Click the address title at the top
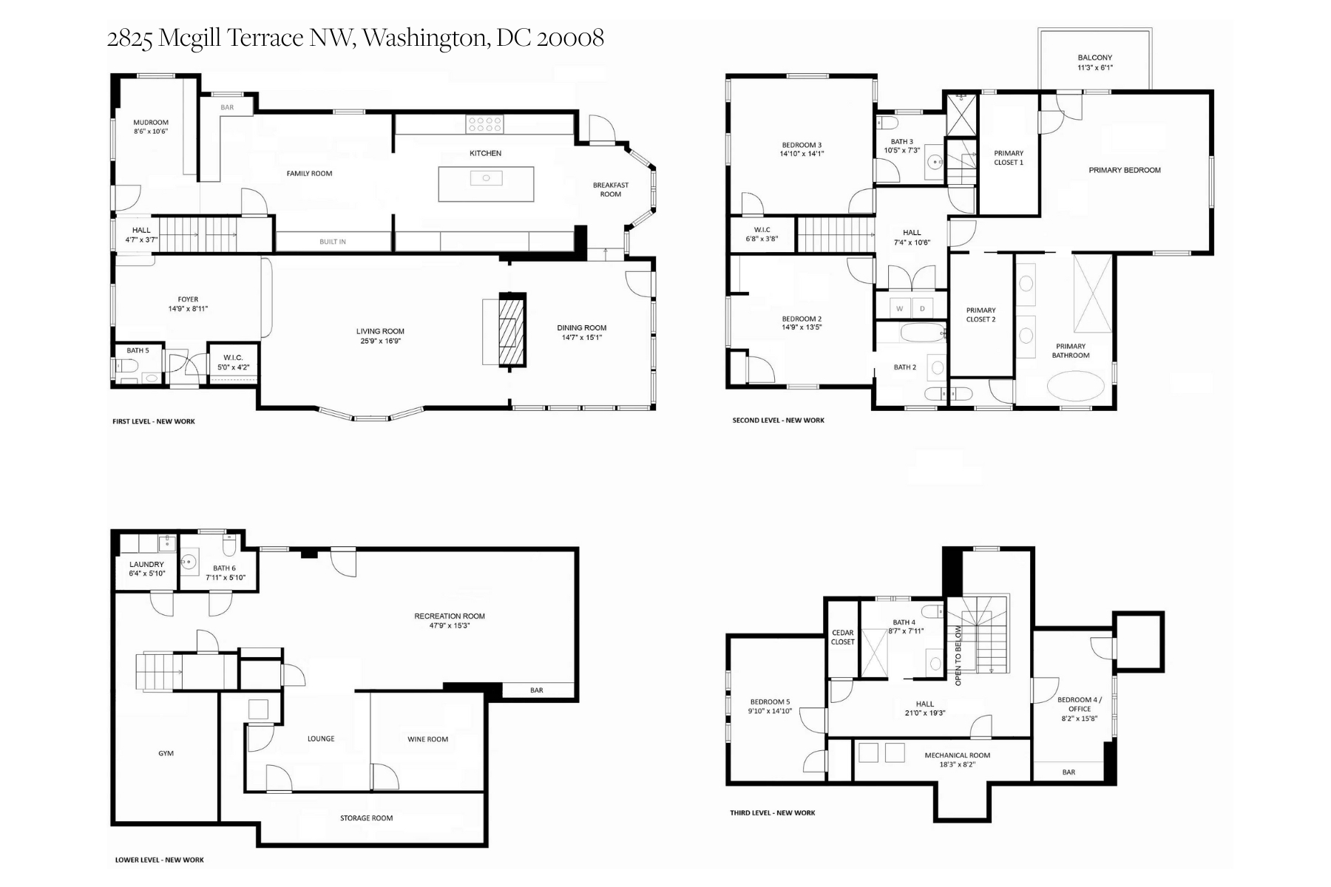pos(355,38)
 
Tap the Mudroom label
pos(151,123)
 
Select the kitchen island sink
pos(487,177)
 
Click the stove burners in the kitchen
pos(485,124)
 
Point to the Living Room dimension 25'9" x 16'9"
pos(380,341)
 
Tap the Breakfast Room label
pos(611,190)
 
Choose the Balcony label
pos(1094,58)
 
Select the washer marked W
pos(900,308)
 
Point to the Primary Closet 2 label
pos(981,315)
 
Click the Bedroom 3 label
pos(802,145)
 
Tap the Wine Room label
pos(427,739)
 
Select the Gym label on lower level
pos(166,753)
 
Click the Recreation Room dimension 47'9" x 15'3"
pos(450,625)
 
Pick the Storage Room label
pos(366,818)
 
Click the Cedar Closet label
pos(843,637)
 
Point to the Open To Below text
pos(958,656)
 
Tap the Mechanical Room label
pos(957,755)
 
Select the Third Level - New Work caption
pos(772,813)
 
